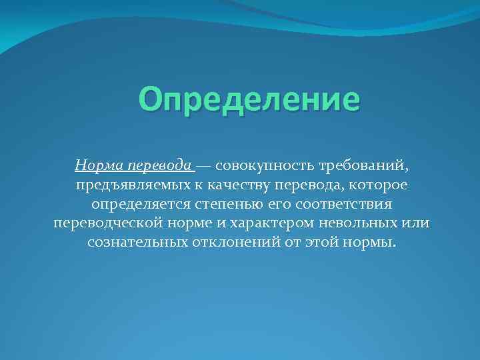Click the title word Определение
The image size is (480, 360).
click(249, 100)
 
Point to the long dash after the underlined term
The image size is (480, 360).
click(205, 165)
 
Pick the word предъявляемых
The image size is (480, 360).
click(121, 184)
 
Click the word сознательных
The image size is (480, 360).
click(131, 242)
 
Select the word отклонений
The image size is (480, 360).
click(223, 242)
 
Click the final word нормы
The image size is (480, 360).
click(368, 242)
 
